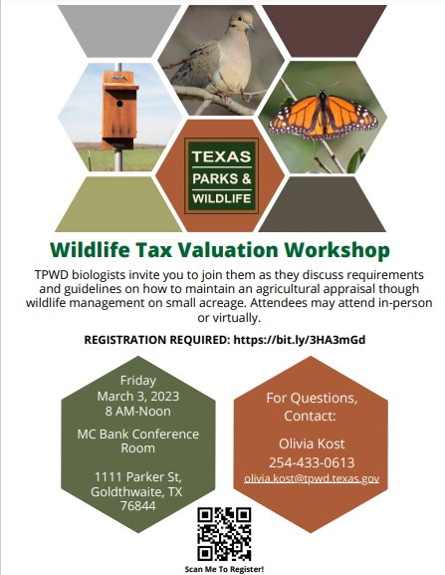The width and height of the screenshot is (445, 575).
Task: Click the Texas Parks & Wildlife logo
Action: pyautogui.click(x=222, y=176)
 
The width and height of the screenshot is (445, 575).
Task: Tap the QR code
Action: pyautogui.click(x=224, y=534)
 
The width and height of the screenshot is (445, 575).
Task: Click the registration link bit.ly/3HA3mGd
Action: pyautogui.click(x=300, y=340)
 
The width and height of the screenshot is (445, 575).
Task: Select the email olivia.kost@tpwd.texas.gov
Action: pyautogui.click(x=312, y=478)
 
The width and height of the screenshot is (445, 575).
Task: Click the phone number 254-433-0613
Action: pyautogui.click(x=312, y=462)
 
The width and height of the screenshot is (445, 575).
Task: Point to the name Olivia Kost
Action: pyautogui.click(x=312, y=443)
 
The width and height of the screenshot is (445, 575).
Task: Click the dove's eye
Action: pyautogui.click(x=240, y=18)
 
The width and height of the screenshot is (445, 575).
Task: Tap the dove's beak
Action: pyautogui.click(x=251, y=28)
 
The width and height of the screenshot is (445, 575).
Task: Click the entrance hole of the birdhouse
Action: pyautogui.click(x=119, y=104)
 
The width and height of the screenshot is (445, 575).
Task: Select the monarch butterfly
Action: pyautogui.click(x=323, y=116)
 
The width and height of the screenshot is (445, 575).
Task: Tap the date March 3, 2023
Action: pyautogui.click(x=138, y=397)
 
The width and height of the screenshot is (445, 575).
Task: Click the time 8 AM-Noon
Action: pyautogui.click(x=138, y=412)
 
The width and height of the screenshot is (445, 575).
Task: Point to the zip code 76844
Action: pyautogui.click(x=138, y=505)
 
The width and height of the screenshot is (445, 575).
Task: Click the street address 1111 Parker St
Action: pyautogui.click(x=138, y=477)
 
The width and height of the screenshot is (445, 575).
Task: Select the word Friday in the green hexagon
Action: pyautogui.click(x=138, y=381)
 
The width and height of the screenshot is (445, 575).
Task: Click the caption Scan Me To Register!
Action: pyautogui.click(x=224, y=569)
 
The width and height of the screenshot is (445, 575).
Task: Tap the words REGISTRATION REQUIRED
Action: pyautogui.click(x=156, y=340)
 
